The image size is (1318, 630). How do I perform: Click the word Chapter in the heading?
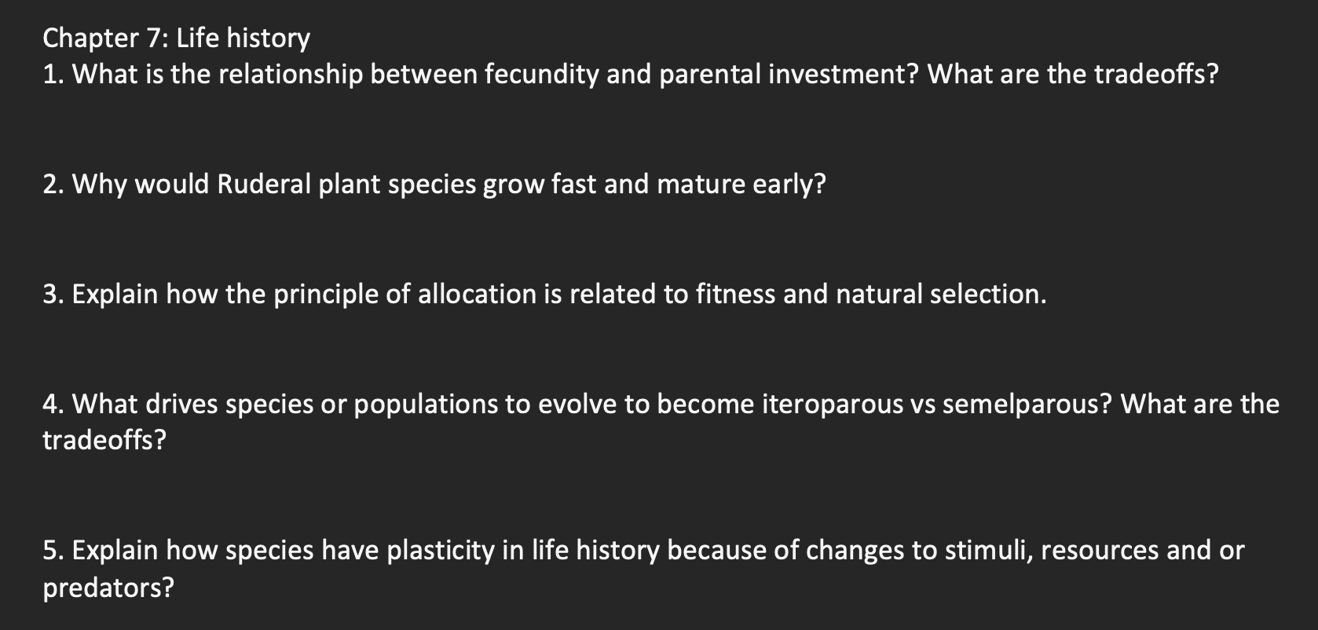tap(90, 38)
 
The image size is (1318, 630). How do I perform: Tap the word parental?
tap(709, 75)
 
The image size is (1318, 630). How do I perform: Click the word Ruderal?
tap(264, 184)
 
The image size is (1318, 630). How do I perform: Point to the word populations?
tap(426, 405)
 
